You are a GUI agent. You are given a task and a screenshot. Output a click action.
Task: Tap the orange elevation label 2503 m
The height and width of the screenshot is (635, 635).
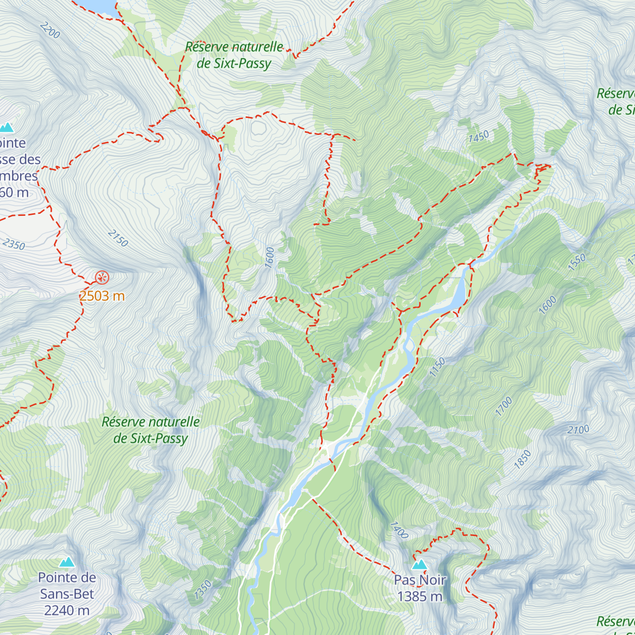(x=102, y=296)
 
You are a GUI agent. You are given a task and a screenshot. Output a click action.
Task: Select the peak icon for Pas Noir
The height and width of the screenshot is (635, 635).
(x=420, y=564)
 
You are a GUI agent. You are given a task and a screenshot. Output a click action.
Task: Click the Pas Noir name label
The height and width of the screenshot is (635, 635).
(x=420, y=580)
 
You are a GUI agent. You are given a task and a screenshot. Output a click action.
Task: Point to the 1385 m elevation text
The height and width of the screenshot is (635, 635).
(x=420, y=596)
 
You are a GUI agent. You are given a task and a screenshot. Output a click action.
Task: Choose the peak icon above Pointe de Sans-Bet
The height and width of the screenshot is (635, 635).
(x=67, y=561)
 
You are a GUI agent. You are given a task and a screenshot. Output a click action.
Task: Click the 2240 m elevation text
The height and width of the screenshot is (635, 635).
(x=67, y=610)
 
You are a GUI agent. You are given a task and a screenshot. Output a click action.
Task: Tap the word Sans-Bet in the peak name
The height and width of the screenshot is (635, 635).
(x=68, y=594)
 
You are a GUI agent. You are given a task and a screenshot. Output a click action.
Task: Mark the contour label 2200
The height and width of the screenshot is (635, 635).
(x=50, y=31)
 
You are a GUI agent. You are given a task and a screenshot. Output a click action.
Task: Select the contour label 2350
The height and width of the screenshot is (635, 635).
(x=13, y=244)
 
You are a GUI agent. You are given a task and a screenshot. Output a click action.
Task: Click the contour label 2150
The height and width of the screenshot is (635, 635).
(x=117, y=238)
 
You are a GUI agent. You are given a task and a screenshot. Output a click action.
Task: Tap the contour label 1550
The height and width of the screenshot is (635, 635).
(x=577, y=262)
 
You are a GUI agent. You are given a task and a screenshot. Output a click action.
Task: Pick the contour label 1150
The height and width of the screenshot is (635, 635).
(x=437, y=367)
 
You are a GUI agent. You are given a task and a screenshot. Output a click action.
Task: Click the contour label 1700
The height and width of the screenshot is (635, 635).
(x=504, y=406)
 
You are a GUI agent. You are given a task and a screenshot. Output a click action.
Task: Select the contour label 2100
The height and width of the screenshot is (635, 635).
(x=578, y=430)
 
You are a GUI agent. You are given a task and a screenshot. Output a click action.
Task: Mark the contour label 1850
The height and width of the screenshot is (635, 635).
(x=522, y=459)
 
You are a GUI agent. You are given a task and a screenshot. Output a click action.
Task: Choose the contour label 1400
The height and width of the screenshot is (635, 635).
(x=399, y=530)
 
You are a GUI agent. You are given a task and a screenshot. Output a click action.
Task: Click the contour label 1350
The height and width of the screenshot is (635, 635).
(x=203, y=590)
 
